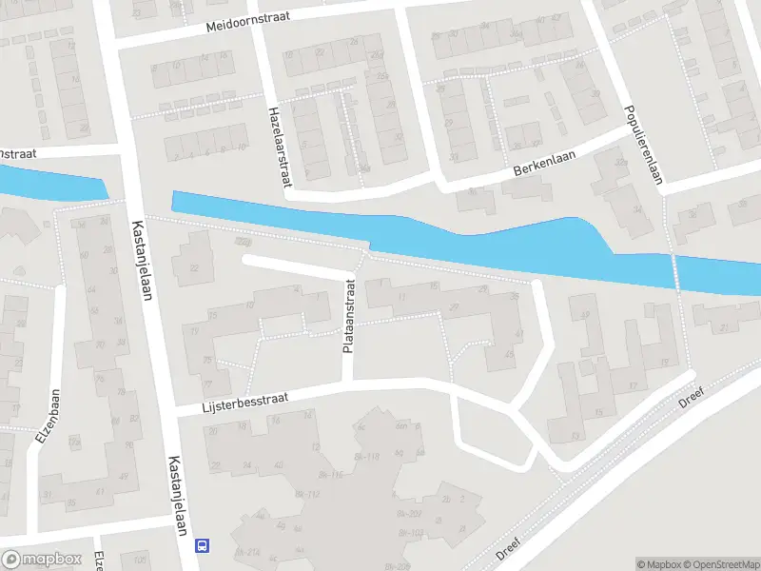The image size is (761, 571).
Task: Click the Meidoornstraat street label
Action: (247, 23)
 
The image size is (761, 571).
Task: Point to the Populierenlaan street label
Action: (643, 143)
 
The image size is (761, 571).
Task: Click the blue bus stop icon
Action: (202, 545)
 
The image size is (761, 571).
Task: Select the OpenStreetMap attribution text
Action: (718, 564)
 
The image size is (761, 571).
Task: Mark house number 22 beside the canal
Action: (194, 267)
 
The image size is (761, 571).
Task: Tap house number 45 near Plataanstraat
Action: (509, 354)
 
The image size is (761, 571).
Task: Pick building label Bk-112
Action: (306, 494)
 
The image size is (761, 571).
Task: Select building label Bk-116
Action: (329, 473)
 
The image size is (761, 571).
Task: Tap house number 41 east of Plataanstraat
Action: (518, 333)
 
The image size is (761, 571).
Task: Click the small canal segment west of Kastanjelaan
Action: (48, 183)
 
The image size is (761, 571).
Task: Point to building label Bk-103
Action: (410, 532)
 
